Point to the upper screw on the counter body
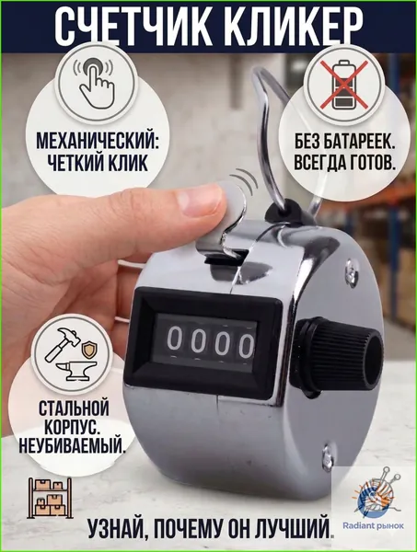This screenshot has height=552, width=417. pos(351,270)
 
